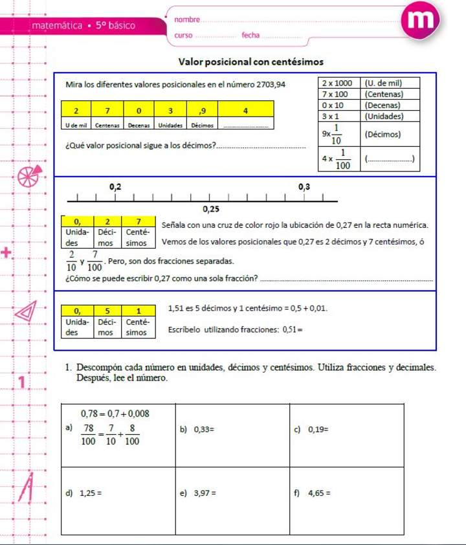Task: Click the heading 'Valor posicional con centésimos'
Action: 250,62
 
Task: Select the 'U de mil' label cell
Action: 76,124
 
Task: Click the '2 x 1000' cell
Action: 337,83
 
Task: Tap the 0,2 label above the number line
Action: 115,186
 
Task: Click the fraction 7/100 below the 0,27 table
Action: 94,261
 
